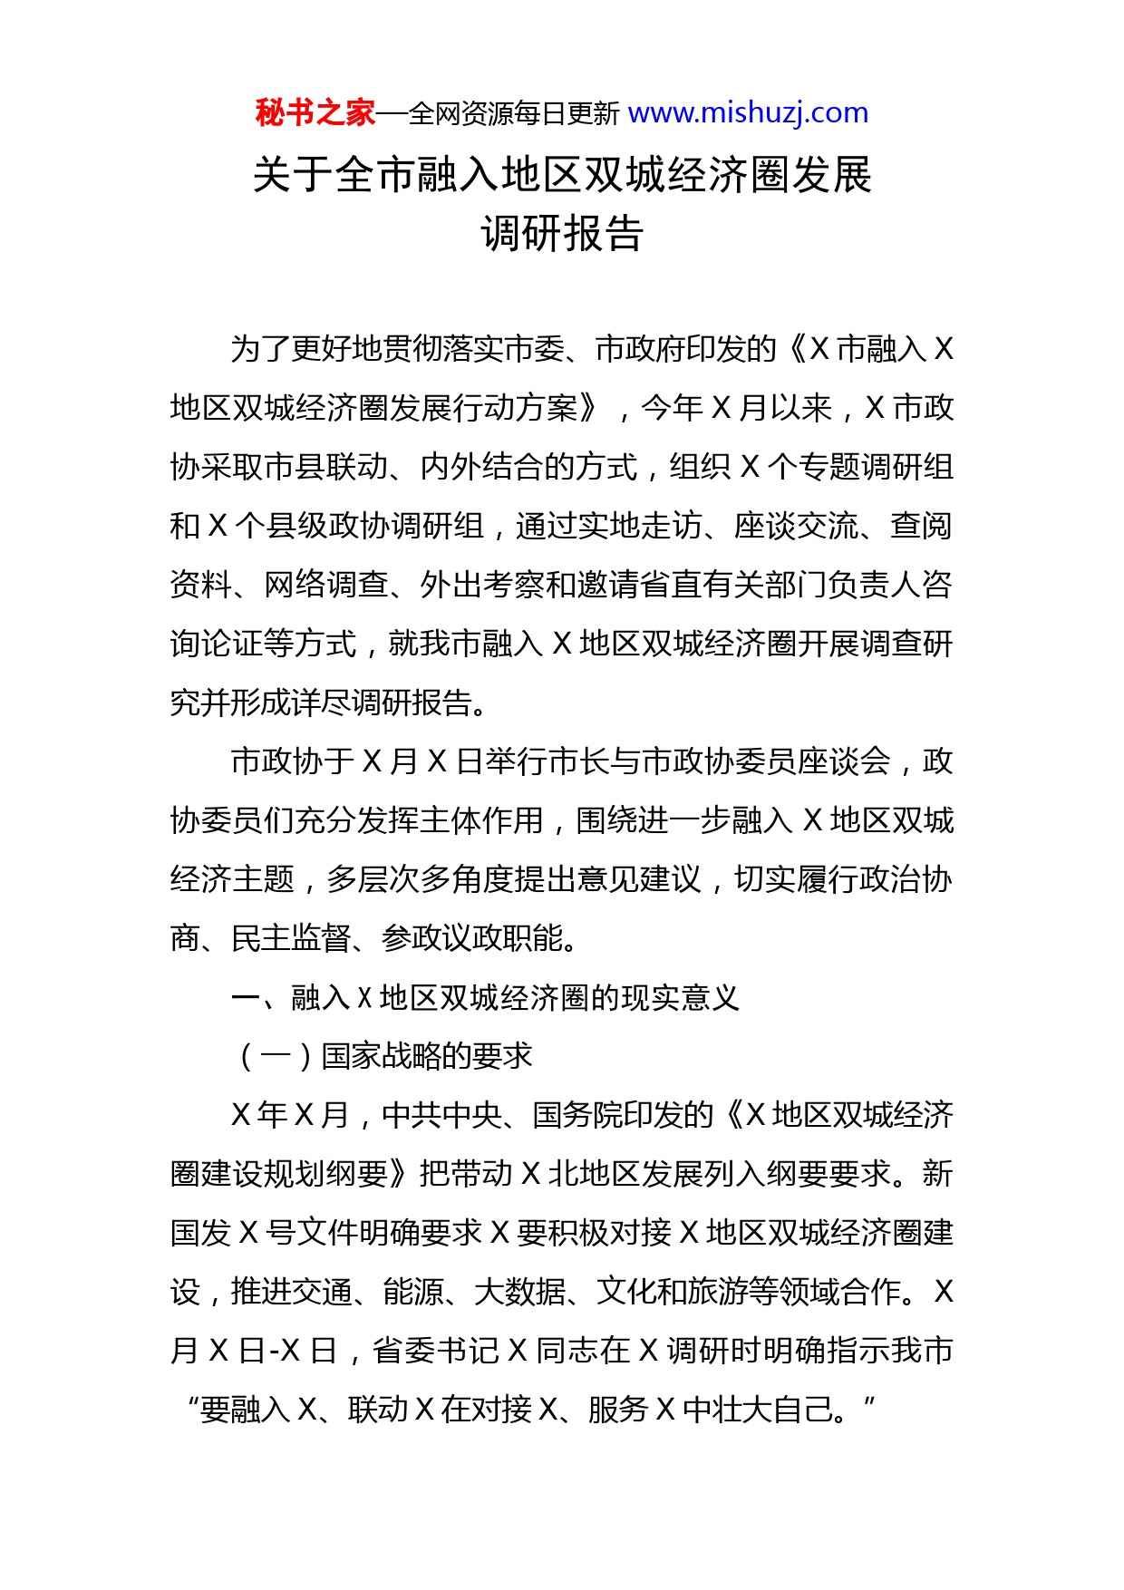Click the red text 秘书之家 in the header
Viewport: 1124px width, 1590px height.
pyautogui.click(x=315, y=113)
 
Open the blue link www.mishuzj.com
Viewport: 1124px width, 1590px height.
pyautogui.click(x=748, y=113)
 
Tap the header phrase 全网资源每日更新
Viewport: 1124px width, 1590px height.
pyautogui.click(x=513, y=114)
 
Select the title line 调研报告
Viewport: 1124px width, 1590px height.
pyautogui.click(x=562, y=234)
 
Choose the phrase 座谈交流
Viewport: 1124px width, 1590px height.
pyautogui.click(x=796, y=527)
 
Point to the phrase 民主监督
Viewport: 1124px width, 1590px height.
pyautogui.click(x=291, y=939)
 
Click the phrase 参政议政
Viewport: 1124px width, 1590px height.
pyautogui.click(x=441, y=939)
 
